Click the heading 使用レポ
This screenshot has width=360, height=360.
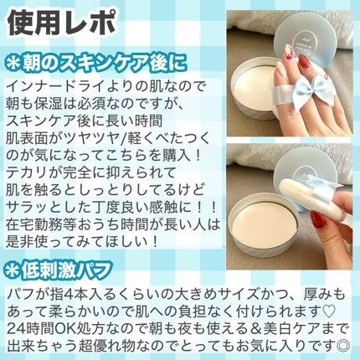click(x=62, y=23)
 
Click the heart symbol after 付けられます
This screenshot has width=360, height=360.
click(x=330, y=311)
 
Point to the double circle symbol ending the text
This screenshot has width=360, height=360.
click(x=342, y=344)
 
